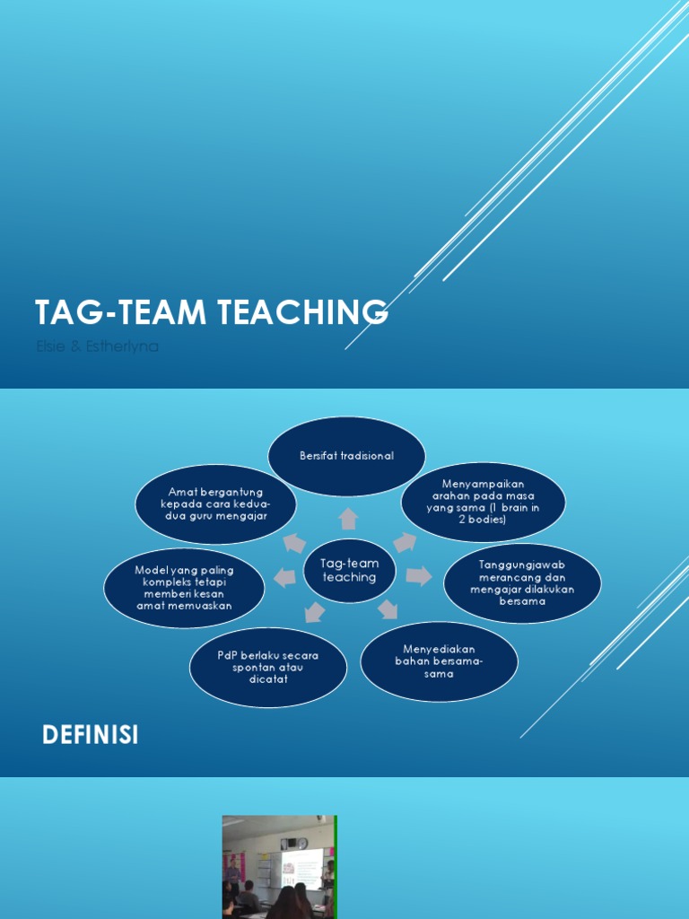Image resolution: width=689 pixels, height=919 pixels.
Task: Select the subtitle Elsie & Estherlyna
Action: click(97, 346)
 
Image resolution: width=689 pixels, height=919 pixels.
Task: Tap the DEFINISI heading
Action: click(91, 736)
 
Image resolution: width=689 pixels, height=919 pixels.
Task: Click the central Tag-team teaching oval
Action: click(350, 570)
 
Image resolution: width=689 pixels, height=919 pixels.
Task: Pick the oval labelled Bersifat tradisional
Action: click(346, 456)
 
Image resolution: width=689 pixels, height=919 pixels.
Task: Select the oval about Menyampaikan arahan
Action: click(483, 503)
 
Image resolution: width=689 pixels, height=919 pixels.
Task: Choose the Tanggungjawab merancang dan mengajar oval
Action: click(522, 582)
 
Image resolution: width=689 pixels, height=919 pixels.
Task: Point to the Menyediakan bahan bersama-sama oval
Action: click(439, 661)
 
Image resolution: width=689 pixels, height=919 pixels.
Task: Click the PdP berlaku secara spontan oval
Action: click(268, 667)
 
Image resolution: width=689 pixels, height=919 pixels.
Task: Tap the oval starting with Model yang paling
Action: click(184, 588)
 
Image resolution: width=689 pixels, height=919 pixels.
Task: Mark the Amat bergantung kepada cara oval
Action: click(216, 503)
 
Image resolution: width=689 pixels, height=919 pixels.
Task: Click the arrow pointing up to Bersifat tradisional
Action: click(348, 519)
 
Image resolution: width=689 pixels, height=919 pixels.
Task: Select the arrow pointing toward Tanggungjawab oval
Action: click(418, 575)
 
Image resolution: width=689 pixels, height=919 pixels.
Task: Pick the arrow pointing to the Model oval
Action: click(284, 578)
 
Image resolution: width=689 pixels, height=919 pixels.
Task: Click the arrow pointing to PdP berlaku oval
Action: click(313, 613)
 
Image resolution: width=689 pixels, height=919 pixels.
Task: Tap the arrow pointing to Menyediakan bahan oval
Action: click(388, 610)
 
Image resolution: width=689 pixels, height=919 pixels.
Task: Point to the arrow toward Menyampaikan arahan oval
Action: click(405, 542)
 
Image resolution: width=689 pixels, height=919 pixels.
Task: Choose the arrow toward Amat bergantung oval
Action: click(293, 543)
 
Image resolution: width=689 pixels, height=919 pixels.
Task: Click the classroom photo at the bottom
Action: click(279, 866)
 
